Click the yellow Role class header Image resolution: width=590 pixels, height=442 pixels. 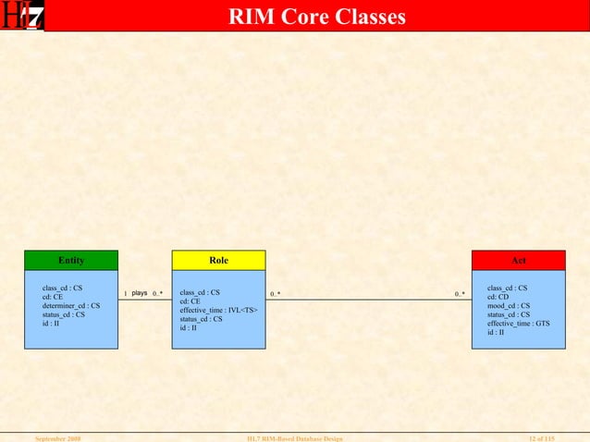coord(218,260)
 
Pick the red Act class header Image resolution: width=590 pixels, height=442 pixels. coord(518,260)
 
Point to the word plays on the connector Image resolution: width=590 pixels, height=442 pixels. coord(140,293)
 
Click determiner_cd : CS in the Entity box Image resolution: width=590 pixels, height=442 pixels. coord(71,305)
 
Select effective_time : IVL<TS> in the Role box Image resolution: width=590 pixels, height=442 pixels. coord(218,310)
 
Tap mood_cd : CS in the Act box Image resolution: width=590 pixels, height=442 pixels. coord(508,305)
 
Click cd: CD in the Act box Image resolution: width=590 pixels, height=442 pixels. coord(498,297)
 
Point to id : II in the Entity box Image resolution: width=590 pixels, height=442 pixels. coord(51,323)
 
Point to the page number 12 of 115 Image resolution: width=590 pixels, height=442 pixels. coord(547,436)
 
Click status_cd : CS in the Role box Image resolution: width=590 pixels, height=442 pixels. coord(201,319)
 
